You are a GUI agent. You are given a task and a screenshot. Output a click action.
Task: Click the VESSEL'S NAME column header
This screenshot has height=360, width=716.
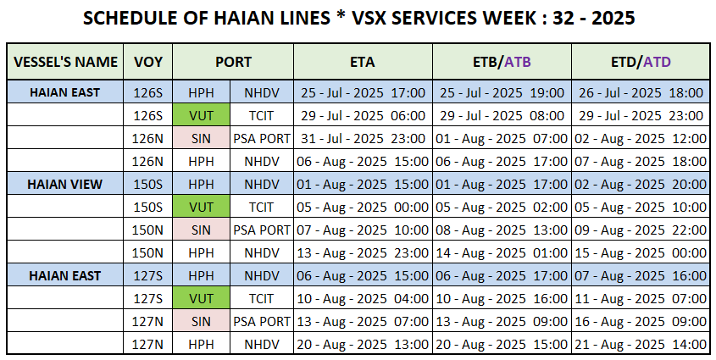pos(65,62)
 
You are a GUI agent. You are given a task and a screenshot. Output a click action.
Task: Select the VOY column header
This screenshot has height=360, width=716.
pos(148,62)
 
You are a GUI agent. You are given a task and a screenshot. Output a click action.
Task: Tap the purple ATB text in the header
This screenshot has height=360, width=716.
pos(518,62)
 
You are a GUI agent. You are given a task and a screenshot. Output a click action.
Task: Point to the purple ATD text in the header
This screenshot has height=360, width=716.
pos(657,62)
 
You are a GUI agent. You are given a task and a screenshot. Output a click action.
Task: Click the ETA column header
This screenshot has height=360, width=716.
pos(363,62)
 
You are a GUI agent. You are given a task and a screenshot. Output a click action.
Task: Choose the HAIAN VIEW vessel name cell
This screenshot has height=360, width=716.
pos(65,185)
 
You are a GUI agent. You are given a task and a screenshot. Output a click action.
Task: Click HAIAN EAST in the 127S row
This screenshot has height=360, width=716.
pos(65,276)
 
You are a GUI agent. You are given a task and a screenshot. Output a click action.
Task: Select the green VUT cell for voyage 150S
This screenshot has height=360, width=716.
pos(201,208)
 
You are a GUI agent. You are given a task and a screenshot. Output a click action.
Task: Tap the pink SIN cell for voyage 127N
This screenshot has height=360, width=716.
pos(201,322)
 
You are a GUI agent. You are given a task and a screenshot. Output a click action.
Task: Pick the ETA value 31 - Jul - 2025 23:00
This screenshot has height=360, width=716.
pos(363,139)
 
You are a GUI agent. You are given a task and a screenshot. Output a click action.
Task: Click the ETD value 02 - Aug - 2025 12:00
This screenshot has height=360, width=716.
pos(641,139)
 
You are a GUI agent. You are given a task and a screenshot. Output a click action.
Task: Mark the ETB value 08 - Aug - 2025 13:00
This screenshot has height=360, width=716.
pos(502,230)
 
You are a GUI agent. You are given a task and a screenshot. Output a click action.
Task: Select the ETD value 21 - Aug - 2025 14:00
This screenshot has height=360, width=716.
pos(641,345)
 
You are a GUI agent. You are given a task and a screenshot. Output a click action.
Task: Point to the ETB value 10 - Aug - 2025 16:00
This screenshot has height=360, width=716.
pos(502,299)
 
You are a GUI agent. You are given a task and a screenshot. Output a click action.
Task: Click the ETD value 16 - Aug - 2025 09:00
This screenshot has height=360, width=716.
pos(641,322)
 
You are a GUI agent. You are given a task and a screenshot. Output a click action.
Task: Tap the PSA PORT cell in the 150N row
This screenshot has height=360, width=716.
pos(262,230)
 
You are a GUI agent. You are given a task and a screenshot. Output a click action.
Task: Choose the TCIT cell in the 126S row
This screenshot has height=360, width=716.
pos(261,116)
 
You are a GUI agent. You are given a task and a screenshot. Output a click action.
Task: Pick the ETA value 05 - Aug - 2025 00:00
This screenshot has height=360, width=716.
pos(363,208)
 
